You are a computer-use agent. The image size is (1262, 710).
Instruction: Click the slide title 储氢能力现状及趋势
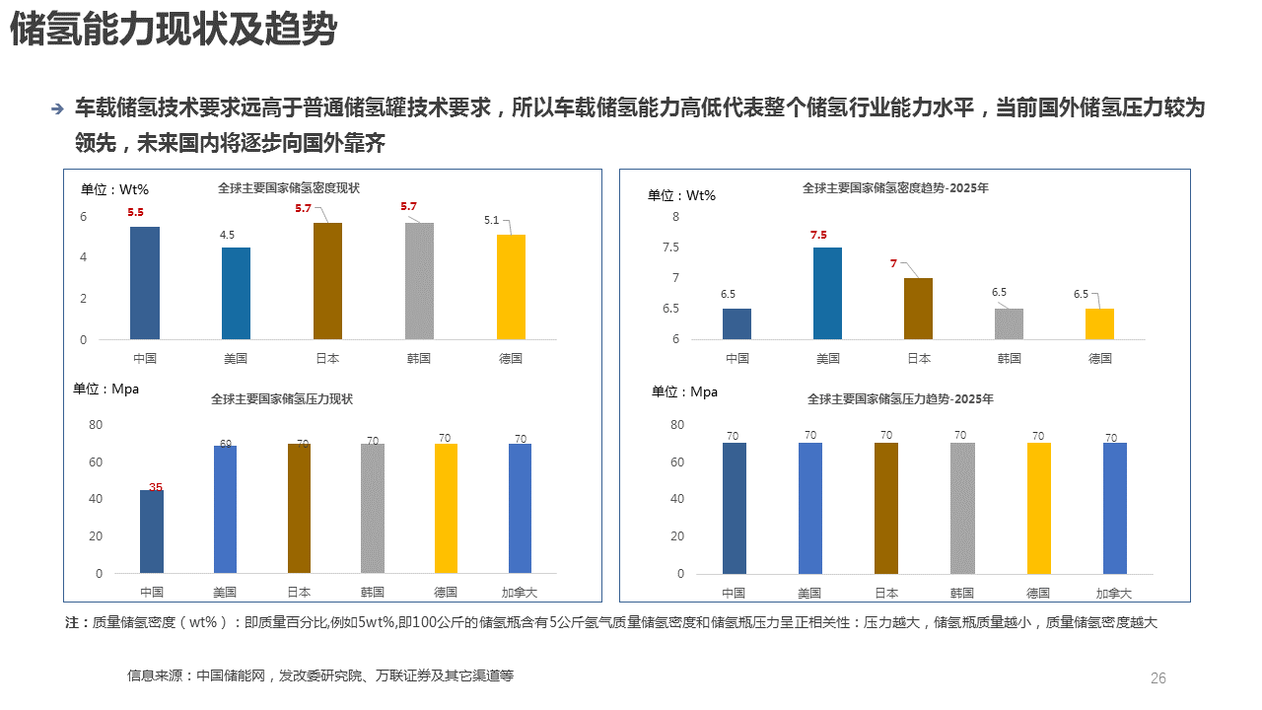point(174,32)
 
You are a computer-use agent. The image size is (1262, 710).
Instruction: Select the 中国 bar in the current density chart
point(145,283)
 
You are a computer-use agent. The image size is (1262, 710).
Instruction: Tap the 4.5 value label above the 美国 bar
point(227,235)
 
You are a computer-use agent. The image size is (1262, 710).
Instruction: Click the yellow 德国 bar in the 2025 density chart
point(1099,324)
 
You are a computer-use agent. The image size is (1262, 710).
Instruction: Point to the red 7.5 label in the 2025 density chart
point(818,235)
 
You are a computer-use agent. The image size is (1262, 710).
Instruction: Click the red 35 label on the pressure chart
point(155,486)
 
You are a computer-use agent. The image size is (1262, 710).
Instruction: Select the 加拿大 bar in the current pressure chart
point(521,508)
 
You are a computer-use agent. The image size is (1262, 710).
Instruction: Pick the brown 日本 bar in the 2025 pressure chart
point(886,508)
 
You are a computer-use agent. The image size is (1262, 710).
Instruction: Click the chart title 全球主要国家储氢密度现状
point(289,187)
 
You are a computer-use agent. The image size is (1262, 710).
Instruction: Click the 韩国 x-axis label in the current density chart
point(418,358)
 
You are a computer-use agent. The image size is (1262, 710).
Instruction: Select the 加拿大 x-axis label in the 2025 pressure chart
point(1114,593)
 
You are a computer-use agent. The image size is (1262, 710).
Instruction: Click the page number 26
point(1158,678)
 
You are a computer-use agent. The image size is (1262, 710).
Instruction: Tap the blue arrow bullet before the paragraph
point(57,108)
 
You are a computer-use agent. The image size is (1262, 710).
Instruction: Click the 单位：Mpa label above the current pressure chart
point(106,389)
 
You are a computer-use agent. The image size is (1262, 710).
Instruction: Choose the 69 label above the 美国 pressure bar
point(226,444)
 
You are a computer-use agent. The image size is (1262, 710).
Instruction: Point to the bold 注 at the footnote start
point(71,622)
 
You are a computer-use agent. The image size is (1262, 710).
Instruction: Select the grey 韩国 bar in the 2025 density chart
point(1009,324)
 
